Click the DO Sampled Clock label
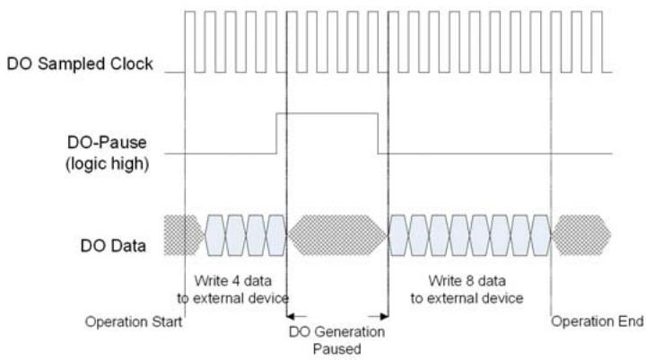pyautogui.click(x=80, y=64)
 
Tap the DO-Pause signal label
pyautogui.click(x=107, y=142)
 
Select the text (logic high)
pyautogui.click(x=107, y=163)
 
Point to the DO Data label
pyautogui.click(x=113, y=246)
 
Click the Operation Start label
pyautogui.click(x=134, y=321)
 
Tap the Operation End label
pyautogui.click(x=598, y=321)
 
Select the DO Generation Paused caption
pyautogui.click(x=337, y=340)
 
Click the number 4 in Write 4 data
pyautogui.click(x=236, y=281)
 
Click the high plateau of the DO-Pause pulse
pyautogui.click(x=327, y=113)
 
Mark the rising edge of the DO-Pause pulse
pyautogui.click(x=277, y=133)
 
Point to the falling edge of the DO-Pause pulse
pyautogui.click(x=378, y=133)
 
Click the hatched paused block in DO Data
pyautogui.click(x=337, y=235)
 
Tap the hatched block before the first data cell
pyautogui.click(x=183, y=235)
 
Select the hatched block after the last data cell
pyautogui.click(x=581, y=235)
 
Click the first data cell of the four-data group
pyautogui.click(x=215, y=235)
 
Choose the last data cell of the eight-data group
pyautogui.click(x=541, y=235)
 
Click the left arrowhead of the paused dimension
pyautogui.click(x=291, y=317)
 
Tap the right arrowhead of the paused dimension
pyautogui.click(x=384, y=317)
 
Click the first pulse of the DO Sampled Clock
pyautogui.click(x=190, y=41)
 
